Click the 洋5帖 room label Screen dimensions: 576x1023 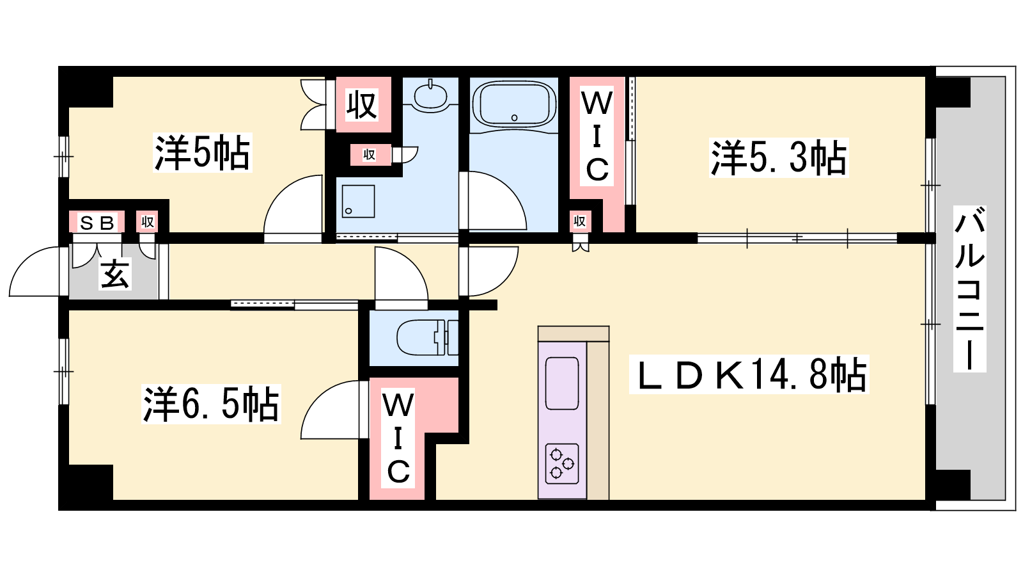(x=203, y=152)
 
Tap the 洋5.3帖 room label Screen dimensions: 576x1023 (x=779, y=157)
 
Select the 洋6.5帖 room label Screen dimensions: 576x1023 (x=211, y=404)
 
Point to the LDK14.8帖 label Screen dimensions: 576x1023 (x=749, y=374)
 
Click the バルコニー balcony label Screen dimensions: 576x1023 (x=969, y=288)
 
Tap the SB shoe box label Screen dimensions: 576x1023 (x=97, y=223)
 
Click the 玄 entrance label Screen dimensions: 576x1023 (x=115, y=274)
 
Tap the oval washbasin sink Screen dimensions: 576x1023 (x=431, y=96)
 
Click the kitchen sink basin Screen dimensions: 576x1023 (x=562, y=383)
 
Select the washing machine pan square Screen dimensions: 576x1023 (x=358, y=202)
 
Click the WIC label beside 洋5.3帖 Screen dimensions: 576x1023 (x=597, y=136)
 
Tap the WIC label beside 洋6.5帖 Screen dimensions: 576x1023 (x=398, y=439)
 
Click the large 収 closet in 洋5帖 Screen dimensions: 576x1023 (x=362, y=104)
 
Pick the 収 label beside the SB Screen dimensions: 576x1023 (x=148, y=222)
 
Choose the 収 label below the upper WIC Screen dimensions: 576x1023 (x=579, y=221)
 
